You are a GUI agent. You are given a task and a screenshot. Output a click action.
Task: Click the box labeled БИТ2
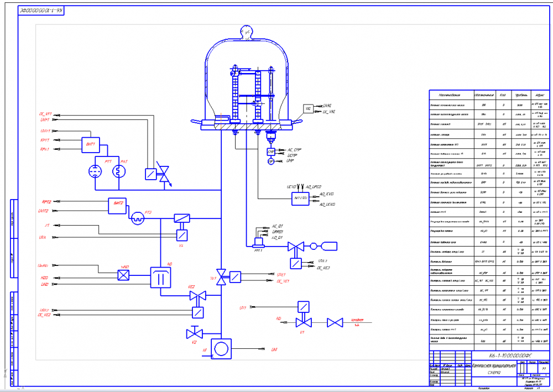(x=117, y=205)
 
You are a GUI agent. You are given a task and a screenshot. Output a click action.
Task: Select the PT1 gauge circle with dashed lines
(x=96, y=171)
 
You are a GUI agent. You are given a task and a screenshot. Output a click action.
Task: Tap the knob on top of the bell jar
(x=244, y=32)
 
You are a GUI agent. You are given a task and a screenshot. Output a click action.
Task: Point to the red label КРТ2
(x=45, y=202)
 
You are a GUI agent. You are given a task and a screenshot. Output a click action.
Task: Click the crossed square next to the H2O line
(x=124, y=274)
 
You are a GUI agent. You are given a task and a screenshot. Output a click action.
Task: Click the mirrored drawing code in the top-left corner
(x=41, y=11)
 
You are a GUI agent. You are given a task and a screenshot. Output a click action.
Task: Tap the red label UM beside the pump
(x=274, y=349)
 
